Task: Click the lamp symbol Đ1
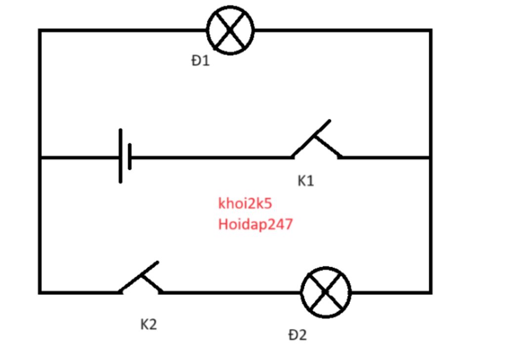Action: (x=230, y=30)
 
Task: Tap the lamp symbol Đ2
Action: (x=326, y=292)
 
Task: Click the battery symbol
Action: (x=125, y=157)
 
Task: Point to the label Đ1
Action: (x=201, y=61)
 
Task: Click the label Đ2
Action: (x=297, y=335)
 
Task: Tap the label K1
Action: (x=305, y=181)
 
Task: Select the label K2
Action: (x=148, y=324)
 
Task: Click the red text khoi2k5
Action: (x=245, y=203)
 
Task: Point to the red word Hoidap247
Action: (x=255, y=225)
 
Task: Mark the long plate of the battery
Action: (x=120, y=157)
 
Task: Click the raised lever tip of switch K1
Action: (x=329, y=121)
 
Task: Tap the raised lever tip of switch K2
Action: (x=157, y=263)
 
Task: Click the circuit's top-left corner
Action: (x=40, y=31)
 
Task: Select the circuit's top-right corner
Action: (x=431, y=31)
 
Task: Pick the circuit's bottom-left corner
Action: (x=40, y=292)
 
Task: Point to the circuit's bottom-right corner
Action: (x=431, y=292)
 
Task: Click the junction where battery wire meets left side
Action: (x=40, y=158)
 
